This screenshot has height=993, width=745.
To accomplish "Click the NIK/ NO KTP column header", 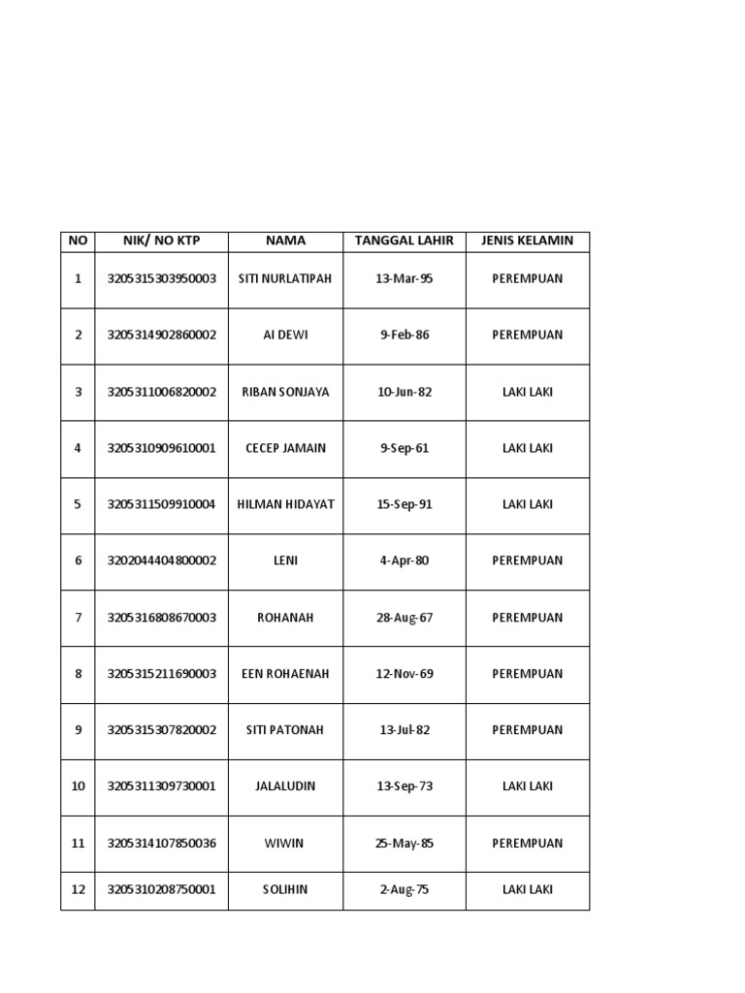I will [162, 240].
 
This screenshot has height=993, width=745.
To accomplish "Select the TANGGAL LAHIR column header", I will [404, 240].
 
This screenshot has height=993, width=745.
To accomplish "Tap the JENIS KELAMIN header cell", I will [527, 240].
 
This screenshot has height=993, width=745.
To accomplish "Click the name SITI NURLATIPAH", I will [284, 279].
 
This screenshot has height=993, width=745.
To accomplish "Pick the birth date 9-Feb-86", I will [404, 336].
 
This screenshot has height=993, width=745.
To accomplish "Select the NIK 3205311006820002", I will [162, 392].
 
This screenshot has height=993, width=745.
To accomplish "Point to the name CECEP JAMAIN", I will [285, 448].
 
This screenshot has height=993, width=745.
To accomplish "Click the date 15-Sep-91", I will [404, 504].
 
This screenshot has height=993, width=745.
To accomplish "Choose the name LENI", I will [285, 561].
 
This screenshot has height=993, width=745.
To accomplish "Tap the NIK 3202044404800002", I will [162, 561].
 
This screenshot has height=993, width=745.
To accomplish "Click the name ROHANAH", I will [285, 617].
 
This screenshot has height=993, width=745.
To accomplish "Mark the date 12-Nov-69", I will [404, 674].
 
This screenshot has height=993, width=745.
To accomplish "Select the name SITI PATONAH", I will [285, 730].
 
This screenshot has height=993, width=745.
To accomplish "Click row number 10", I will [78, 786].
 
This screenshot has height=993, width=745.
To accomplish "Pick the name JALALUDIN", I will [285, 786].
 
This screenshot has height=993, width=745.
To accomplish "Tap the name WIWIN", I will [284, 844].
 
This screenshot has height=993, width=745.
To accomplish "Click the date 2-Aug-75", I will [404, 889].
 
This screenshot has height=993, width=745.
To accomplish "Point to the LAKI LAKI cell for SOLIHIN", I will [527, 889].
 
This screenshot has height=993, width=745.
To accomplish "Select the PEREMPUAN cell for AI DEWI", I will [527, 336].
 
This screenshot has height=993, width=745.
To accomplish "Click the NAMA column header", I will [285, 240].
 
